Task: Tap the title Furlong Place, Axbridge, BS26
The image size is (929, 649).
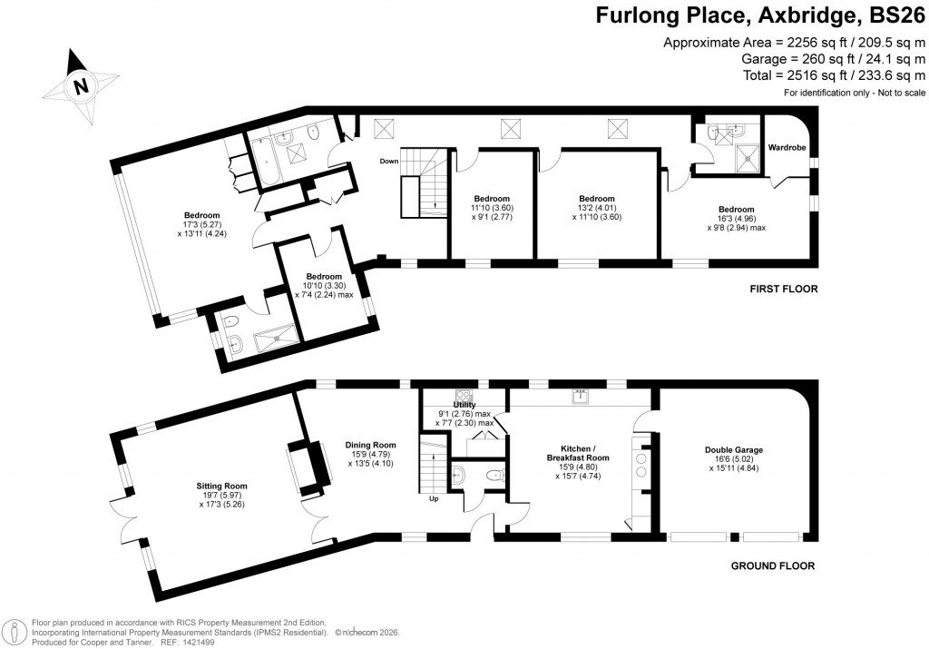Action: [760, 16]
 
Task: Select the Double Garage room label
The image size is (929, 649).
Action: [733, 449]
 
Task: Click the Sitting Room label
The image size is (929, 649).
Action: [222, 486]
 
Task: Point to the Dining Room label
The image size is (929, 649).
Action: [371, 445]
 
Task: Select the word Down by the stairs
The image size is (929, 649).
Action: [389, 161]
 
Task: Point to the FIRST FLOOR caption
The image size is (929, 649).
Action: [783, 290]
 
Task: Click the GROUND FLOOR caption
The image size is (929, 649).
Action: [773, 566]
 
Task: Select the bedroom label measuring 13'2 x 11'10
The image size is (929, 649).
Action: [596, 199]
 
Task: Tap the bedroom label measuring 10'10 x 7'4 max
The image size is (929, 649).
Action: [324, 277]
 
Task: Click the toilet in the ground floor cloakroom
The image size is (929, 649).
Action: [493, 474]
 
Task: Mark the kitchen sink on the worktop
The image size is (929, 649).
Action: [576, 396]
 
